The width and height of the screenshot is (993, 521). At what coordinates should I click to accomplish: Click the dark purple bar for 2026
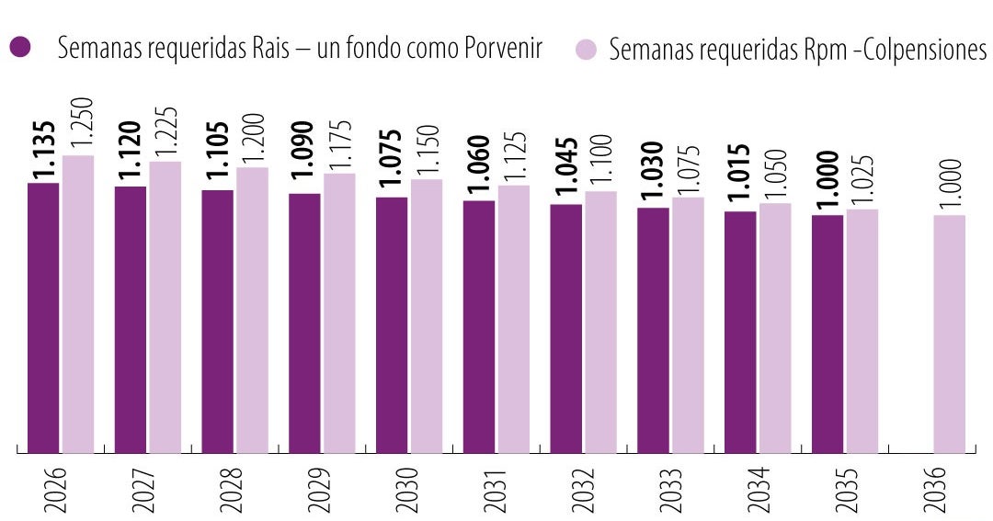coord(43,317)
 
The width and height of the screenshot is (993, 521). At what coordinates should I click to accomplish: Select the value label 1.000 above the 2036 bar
coord(951,184)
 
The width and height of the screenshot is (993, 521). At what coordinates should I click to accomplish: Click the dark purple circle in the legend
coord(19,48)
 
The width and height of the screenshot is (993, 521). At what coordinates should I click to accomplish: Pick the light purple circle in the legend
coord(589,48)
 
